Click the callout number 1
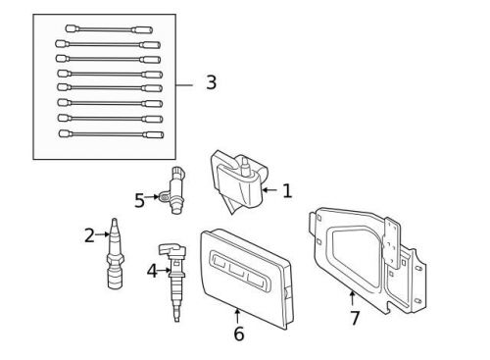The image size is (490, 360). click(286, 191)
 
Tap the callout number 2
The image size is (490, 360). click(89, 235)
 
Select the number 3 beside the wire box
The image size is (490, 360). click(211, 83)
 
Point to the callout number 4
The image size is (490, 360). click(152, 270)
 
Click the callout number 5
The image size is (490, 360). click(139, 201)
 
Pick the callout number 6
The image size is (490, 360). click(238, 334)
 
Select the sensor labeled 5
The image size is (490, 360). click(176, 189)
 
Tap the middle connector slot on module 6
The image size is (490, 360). click(234, 271)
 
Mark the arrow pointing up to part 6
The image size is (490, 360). click(238, 314)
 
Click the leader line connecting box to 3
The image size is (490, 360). click(185, 84)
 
